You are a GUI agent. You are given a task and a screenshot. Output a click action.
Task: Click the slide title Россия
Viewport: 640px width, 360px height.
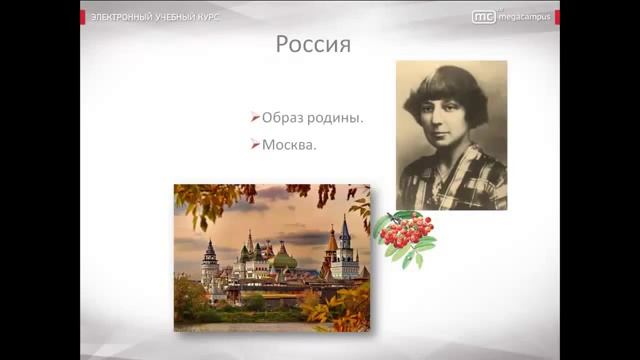pos(312,46)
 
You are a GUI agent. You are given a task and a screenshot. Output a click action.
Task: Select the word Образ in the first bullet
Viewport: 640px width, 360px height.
pos(283,118)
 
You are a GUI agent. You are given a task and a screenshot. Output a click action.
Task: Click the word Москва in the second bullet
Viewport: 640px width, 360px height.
pos(288,145)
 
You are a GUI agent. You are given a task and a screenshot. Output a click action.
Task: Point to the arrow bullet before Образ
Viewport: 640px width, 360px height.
pos(256,118)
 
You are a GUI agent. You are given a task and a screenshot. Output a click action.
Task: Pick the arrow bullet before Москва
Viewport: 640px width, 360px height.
pos(256,145)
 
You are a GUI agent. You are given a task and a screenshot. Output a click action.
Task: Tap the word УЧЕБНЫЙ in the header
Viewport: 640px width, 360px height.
pos(180,17)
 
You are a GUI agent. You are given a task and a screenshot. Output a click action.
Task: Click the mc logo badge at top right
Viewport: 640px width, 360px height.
pos(483,17)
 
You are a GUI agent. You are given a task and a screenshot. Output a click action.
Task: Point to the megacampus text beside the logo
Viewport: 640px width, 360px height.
pos(524,17)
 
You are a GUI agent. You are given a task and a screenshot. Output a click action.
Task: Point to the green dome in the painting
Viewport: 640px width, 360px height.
pos(284,261)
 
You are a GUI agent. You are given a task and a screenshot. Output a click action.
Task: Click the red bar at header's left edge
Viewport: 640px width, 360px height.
pos(83,17)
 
